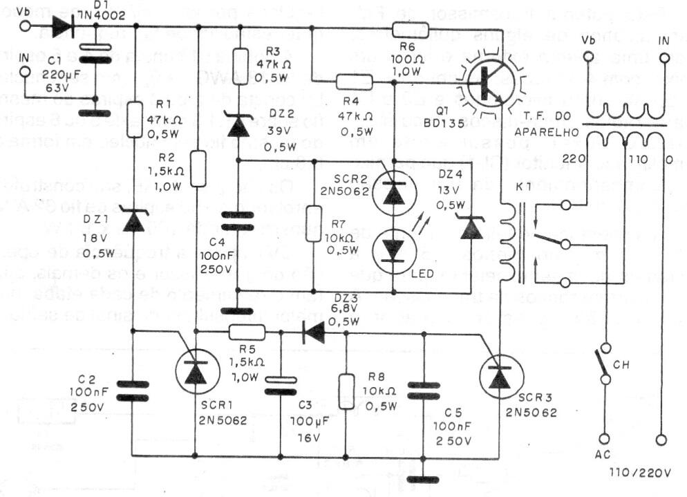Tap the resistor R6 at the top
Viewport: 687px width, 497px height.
click(411, 28)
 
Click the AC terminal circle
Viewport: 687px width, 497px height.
click(603, 438)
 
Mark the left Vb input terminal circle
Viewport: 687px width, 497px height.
click(26, 27)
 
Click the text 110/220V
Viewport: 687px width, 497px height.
click(640, 473)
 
